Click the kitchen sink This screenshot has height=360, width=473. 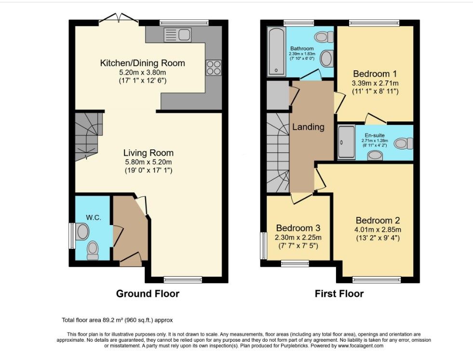point(178,35)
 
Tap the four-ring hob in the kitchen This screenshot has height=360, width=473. point(214,67)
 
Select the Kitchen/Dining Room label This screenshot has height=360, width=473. point(142,63)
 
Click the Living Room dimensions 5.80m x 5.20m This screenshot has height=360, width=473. point(149,161)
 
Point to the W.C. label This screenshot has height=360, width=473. point(94,217)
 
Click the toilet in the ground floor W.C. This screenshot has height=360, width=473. point(93,252)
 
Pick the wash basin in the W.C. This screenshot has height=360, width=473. point(82,231)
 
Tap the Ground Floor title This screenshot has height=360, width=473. point(148,293)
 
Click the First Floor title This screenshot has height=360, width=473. point(339,293)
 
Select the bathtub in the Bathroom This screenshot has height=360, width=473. point(276,51)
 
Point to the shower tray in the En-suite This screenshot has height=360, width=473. point(346,142)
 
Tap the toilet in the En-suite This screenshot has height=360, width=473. point(404,143)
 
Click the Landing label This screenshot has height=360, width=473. point(308,127)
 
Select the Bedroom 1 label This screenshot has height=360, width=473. point(375,74)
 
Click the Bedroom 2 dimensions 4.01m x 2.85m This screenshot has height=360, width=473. point(378,229)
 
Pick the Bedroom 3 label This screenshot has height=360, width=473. point(298,228)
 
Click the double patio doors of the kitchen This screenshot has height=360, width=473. point(119,18)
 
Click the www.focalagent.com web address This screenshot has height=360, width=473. point(360,346)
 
